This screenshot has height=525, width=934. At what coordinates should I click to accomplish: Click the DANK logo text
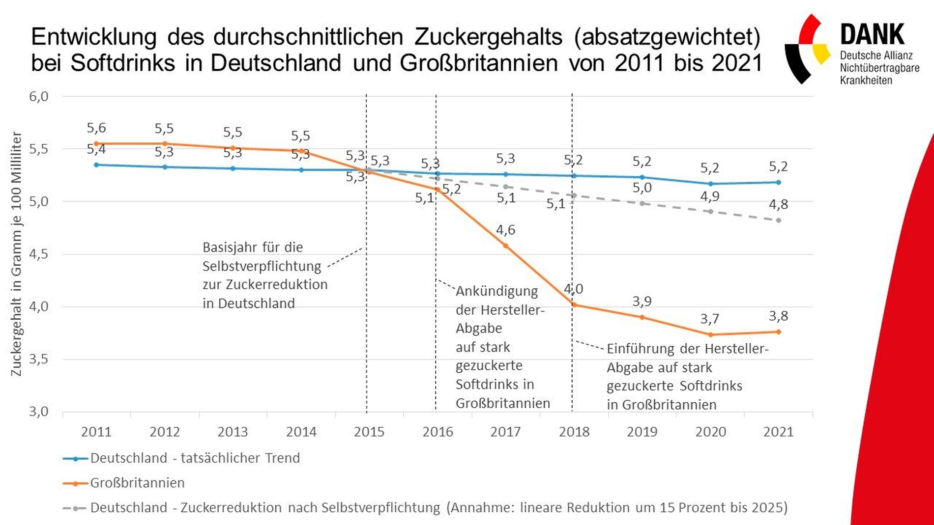(872, 35)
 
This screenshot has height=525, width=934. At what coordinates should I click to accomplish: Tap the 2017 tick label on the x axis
(505, 432)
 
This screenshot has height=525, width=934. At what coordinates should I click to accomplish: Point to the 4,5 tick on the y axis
(39, 254)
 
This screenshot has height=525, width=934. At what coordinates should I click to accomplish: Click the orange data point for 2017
(505, 246)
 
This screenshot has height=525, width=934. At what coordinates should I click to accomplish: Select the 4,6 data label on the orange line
(505, 230)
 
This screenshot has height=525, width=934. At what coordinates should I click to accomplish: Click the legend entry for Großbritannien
(137, 483)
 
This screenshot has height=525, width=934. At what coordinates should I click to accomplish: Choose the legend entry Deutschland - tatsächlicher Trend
(195, 458)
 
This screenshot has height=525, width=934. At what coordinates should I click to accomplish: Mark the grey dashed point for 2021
(779, 221)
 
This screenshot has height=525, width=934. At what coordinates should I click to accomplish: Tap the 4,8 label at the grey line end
(779, 204)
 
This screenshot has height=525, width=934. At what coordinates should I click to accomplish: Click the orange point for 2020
(710, 335)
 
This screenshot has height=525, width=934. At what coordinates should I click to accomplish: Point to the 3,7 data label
(710, 319)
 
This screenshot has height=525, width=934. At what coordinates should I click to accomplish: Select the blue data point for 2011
(96, 165)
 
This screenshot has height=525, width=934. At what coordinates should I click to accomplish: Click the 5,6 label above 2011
(96, 128)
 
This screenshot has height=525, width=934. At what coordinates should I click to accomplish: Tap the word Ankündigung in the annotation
(496, 291)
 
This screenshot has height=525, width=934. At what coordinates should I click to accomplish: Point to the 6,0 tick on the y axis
(39, 96)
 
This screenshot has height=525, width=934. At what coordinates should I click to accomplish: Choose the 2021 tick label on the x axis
(779, 432)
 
